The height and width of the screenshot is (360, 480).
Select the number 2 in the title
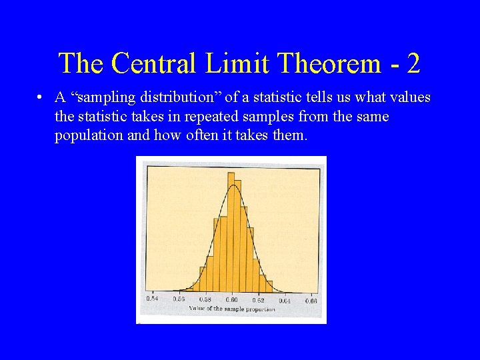[x=413, y=63]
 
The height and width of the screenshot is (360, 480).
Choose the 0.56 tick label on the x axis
[x=179, y=300]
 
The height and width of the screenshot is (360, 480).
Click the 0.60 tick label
[x=231, y=300]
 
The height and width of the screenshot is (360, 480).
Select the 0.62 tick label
[x=258, y=300]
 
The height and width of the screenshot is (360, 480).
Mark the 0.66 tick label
[x=311, y=300]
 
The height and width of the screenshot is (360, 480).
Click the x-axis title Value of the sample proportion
[x=231, y=309]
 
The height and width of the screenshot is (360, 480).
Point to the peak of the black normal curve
[x=232, y=185]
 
